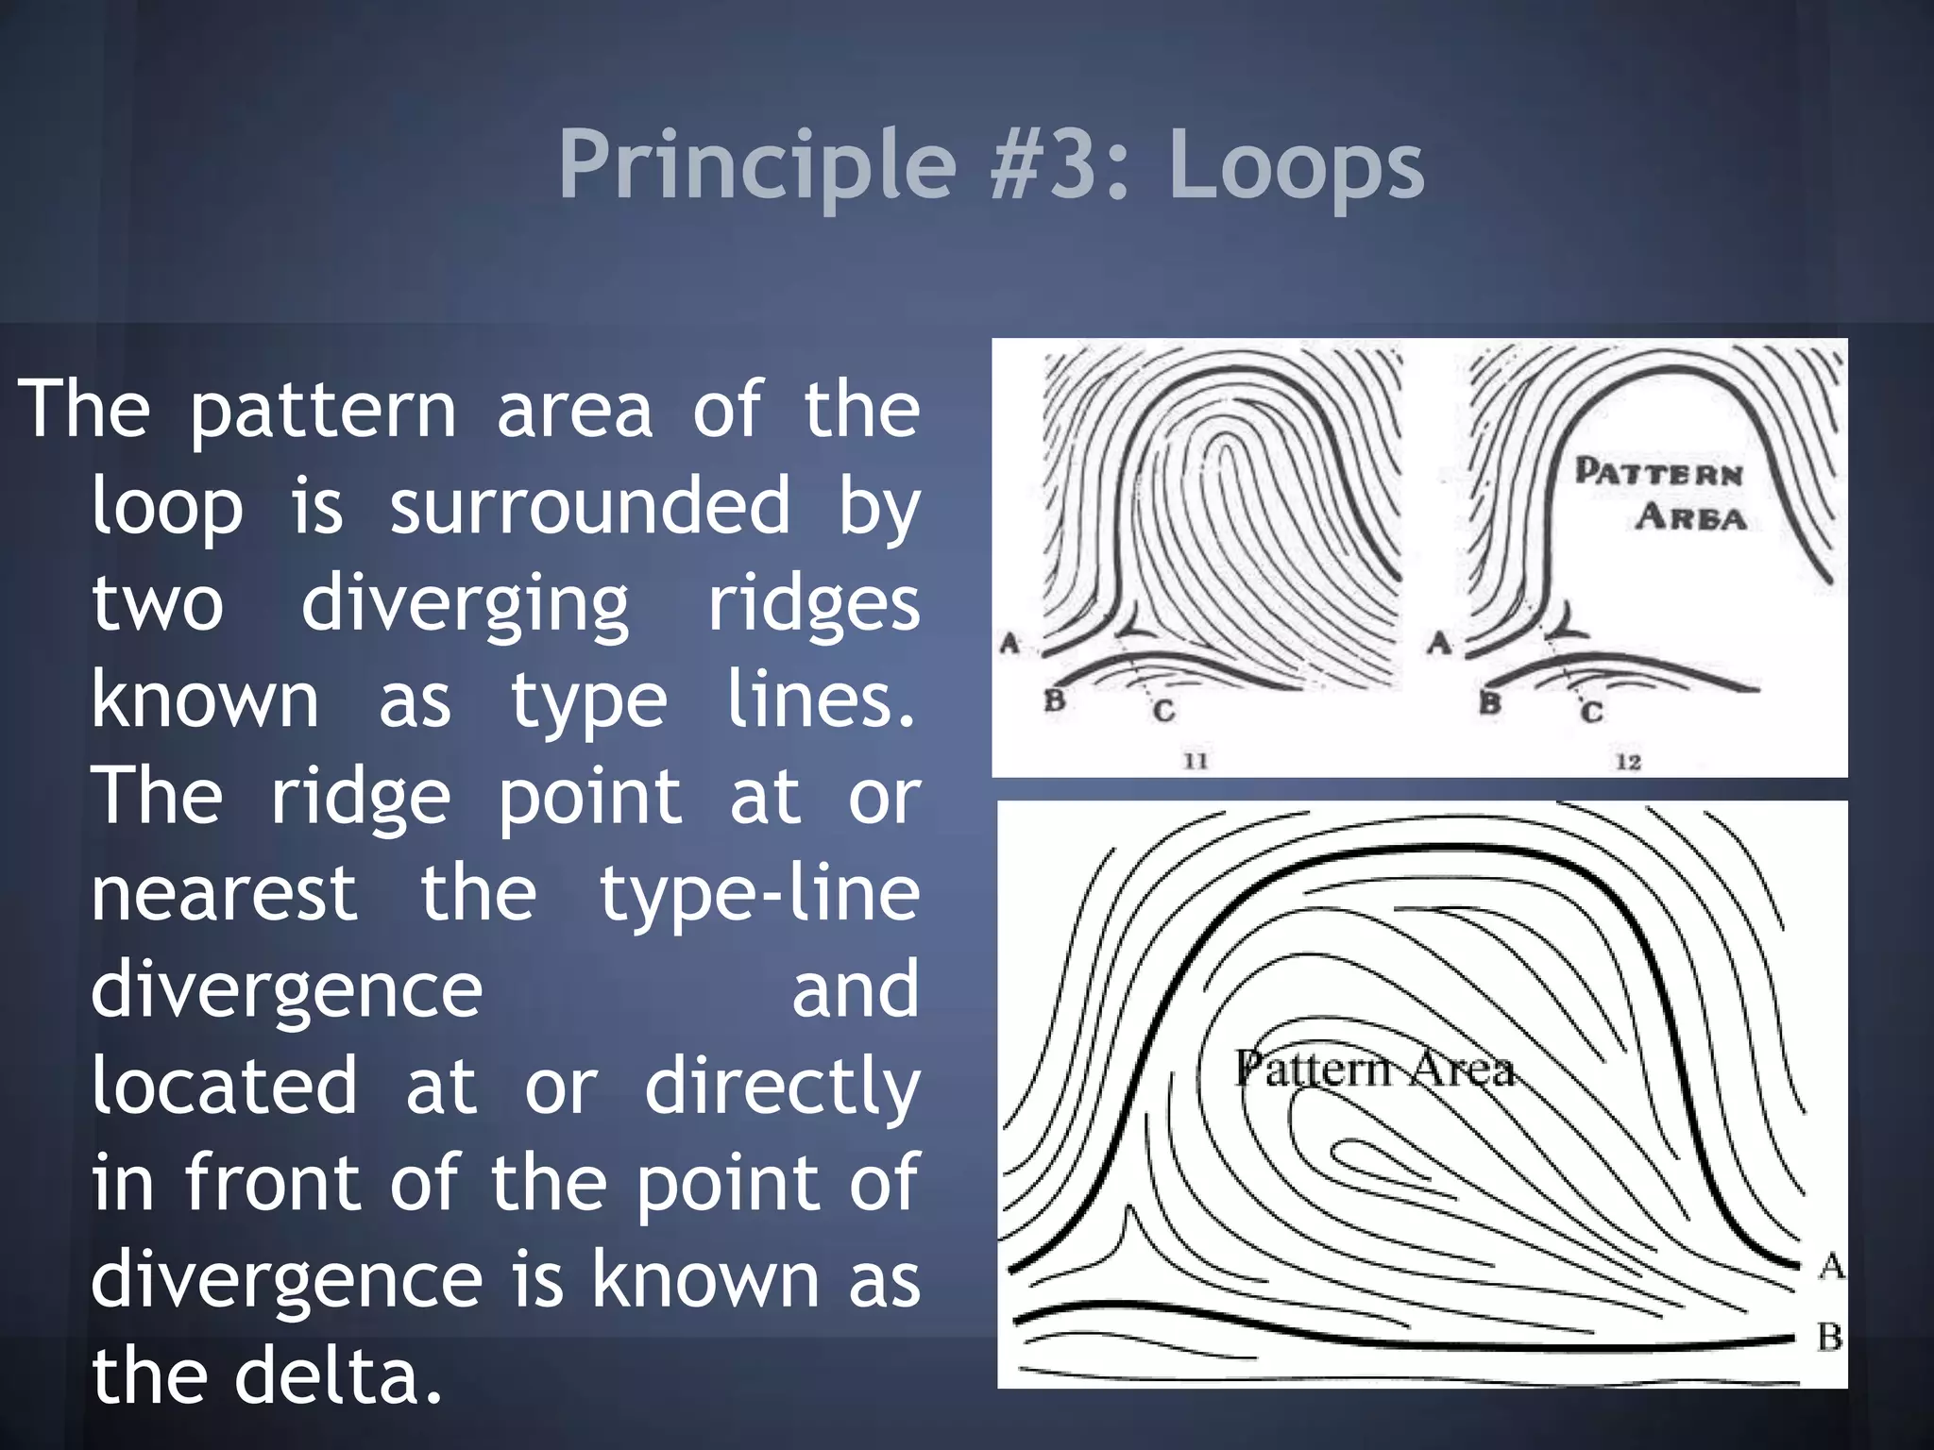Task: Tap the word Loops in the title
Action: click(x=1297, y=166)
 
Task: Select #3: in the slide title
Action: click(x=1060, y=166)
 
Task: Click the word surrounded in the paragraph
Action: click(x=590, y=506)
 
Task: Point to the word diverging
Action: click(x=465, y=604)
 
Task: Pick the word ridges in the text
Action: click(x=814, y=604)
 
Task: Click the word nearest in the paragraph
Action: click(x=224, y=893)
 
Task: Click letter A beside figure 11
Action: click(x=1009, y=644)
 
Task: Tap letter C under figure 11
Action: click(x=1163, y=710)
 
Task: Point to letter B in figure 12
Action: click(x=1489, y=703)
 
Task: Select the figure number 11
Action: click(x=1196, y=760)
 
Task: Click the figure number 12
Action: click(x=1628, y=761)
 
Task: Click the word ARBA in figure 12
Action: click(x=1690, y=517)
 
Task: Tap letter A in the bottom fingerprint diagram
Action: click(x=1831, y=1265)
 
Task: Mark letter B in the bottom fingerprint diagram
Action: click(x=1829, y=1337)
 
